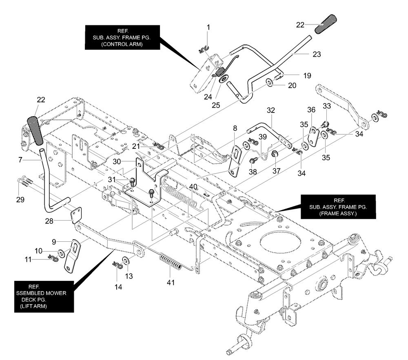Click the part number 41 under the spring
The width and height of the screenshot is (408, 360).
click(x=171, y=282)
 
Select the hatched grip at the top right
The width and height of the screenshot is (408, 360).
click(x=326, y=24)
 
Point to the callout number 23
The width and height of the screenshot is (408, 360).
click(x=317, y=54)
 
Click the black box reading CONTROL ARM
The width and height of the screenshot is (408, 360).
click(x=122, y=37)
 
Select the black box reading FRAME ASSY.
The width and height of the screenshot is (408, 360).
click(x=338, y=207)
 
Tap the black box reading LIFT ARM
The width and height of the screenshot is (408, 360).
click(x=44, y=296)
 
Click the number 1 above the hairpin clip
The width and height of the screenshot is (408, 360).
click(x=208, y=27)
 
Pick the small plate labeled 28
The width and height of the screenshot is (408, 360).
click(x=76, y=215)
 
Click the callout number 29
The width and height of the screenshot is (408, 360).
click(x=20, y=200)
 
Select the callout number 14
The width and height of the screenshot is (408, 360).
click(x=118, y=287)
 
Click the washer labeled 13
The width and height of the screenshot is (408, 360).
click(x=125, y=261)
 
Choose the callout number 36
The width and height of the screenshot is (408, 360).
click(x=311, y=110)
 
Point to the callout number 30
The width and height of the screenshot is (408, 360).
click(x=117, y=162)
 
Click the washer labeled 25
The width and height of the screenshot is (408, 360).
click(x=224, y=79)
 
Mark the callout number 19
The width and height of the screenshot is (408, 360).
click(x=307, y=76)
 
